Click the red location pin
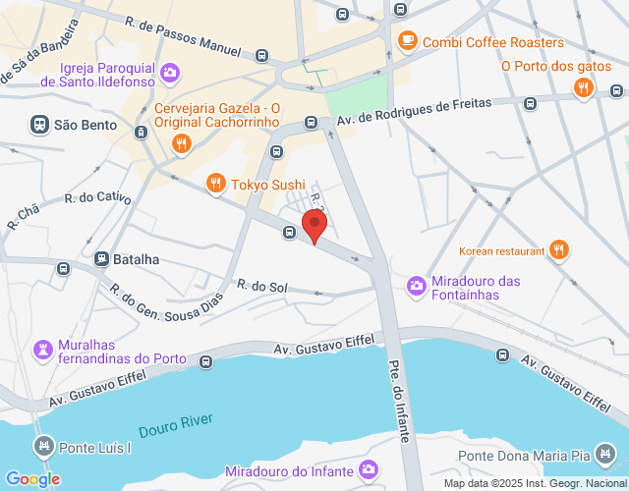tap(314, 225)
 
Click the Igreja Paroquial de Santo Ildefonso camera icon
tap(169, 72)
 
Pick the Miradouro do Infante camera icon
tap(369, 471)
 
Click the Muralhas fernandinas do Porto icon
tap(43, 349)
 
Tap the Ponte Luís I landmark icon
tap(43, 448)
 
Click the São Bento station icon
tap(39, 125)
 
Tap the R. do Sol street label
tap(262, 286)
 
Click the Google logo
tap(32, 478)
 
